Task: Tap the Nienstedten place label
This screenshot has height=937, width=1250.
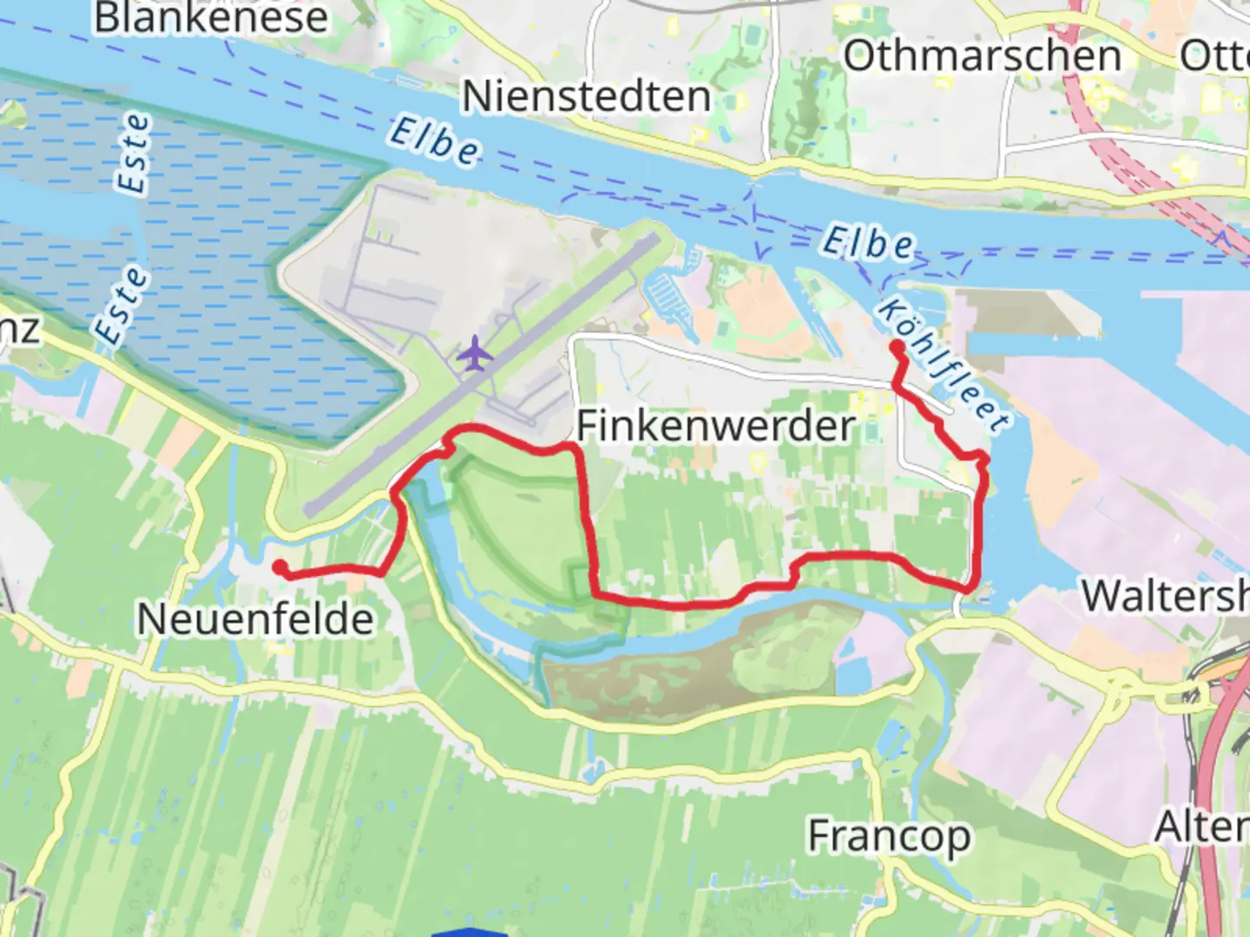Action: pyautogui.click(x=586, y=96)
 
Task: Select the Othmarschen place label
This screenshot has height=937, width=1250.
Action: pyautogui.click(x=983, y=57)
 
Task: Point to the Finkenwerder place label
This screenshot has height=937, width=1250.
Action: pyautogui.click(x=716, y=426)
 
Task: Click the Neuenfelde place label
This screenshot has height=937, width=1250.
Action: pyautogui.click(x=255, y=619)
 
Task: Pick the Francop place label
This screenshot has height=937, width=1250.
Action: pyautogui.click(x=889, y=836)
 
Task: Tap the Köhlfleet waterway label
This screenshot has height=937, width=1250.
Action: pyautogui.click(x=944, y=364)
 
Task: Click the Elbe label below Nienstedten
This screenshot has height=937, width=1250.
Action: pyautogui.click(x=434, y=141)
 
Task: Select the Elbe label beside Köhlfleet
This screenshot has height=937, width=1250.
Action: pyautogui.click(x=867, y=244)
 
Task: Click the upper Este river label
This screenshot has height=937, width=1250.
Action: pyautogui.click(x=133, y=154)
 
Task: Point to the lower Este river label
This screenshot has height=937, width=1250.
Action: pyautogui.click(x=121, y=305)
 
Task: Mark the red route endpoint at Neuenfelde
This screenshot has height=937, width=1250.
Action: pyautogui.click(x=280, y=567)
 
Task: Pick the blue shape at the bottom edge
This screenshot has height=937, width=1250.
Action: pyautogui.click(x=469, y=932)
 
